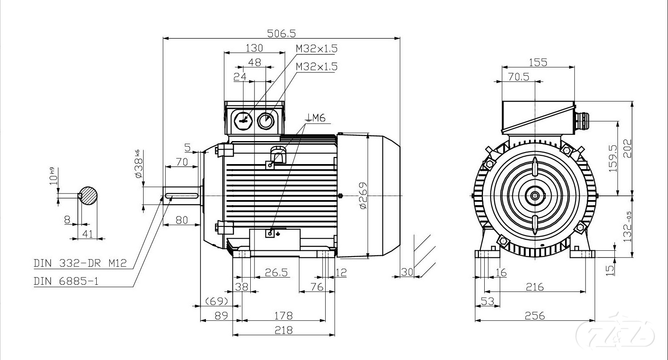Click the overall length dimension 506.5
[281, 33]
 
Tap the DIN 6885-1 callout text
[66, 281]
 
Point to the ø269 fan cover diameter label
[363, 195]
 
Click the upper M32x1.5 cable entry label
[316, 49]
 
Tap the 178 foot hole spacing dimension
[283, 315]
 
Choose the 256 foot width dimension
[535, 316]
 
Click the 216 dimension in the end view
[534, 287]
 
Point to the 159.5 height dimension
[613, 158]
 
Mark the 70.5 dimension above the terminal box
[519, 77]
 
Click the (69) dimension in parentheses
[216, 301]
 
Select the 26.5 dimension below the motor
[277, 273]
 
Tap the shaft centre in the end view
[535, 195]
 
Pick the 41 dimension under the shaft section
[87, 234]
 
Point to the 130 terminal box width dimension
[254, 48]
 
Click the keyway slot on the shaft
[182, 195]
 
